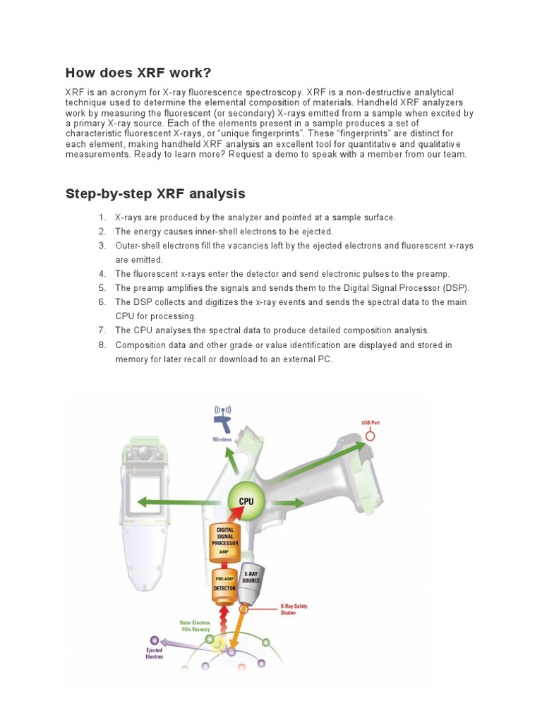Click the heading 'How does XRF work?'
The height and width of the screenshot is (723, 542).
[138, 73]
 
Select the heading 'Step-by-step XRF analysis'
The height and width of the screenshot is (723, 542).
[155, 193]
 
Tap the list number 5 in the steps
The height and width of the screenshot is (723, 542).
[102, 288]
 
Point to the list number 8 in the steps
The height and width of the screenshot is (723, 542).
[102, 345]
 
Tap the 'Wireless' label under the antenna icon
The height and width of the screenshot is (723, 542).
[222, 439]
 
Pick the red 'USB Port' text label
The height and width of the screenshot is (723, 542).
[371, 422]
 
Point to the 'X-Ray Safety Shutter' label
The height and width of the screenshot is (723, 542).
[294, 609]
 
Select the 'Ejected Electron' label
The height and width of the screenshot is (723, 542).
[154, 653]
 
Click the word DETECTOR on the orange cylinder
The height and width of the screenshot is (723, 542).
[226, 587]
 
